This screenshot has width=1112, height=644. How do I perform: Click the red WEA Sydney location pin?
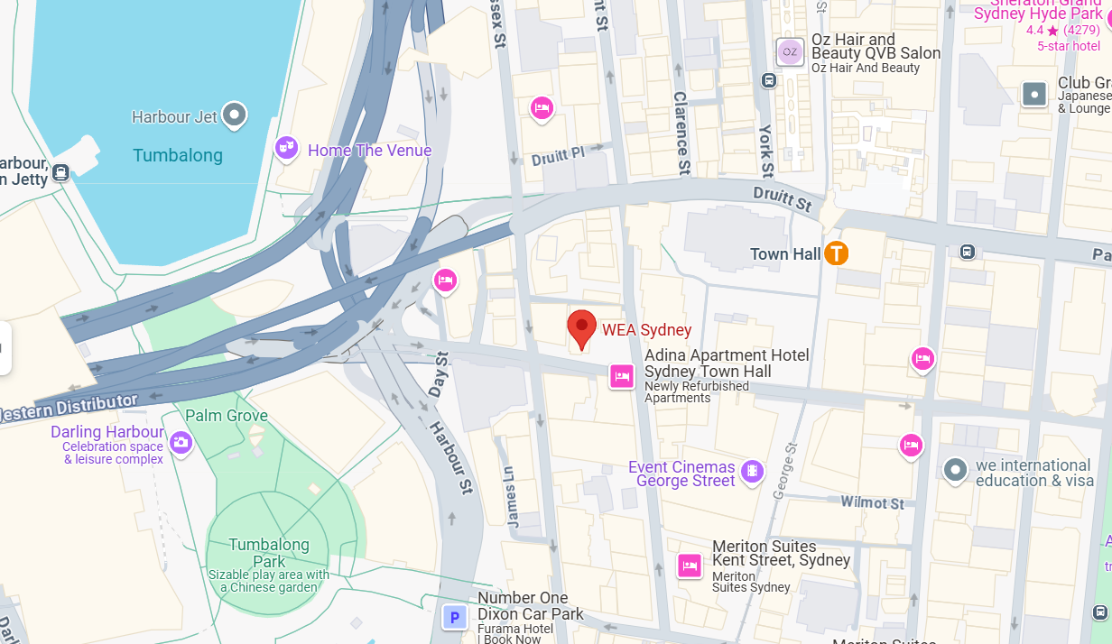(x=582, y=327)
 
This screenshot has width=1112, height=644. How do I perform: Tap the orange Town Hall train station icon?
(x=837, y=253)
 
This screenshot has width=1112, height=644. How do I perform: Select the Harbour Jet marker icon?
(x=235, y=115)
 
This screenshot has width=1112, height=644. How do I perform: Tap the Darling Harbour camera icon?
(x=181, y=442)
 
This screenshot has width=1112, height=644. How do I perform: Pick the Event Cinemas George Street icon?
(x=751, y=471)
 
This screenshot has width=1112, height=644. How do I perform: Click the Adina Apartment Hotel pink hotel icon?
(x=621, y=375)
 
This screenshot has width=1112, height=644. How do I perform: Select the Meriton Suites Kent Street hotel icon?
(x=690, y=566)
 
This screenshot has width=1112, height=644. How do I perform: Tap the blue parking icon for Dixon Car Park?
(x=455, y=618)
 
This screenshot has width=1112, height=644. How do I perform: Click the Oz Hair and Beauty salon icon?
(x=790, y=51)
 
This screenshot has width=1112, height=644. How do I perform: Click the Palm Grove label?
(x=227, y=416)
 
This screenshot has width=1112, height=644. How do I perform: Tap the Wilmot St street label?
(x=872, y=502)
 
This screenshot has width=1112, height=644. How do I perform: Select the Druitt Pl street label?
(x=558, y=156)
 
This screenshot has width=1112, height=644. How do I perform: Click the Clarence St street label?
(x=682, y=132)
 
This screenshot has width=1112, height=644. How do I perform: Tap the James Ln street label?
(x=510, y=496)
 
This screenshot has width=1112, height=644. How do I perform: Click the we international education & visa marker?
(x=955, y=470)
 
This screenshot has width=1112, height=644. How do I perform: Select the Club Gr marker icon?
(x=1034, y=93)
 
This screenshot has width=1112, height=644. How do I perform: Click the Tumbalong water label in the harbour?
(x=177, y=155)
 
